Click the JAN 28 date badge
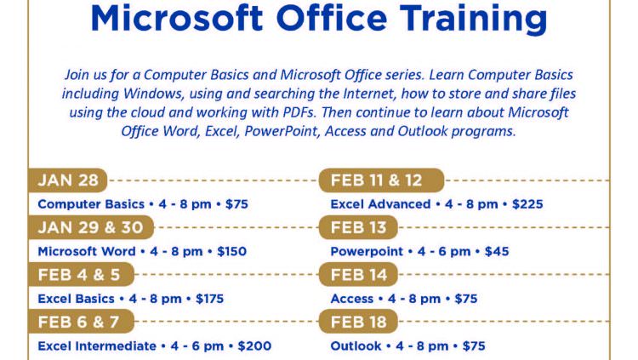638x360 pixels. coord(67,180)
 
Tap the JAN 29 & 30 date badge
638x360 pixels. coord(91,227)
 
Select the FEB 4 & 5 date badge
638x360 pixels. coord(81,275)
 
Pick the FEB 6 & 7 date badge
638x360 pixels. coord(81,322)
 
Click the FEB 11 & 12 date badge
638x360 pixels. coord(381,180)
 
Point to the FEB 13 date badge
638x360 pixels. coord(358,227)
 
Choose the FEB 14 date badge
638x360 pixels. coord(358,275)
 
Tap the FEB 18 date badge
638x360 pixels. coord(358,322)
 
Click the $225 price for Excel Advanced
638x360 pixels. coord(527,204)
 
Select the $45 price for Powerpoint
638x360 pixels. coord(497,251)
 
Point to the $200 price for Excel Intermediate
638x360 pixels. coord(254,346)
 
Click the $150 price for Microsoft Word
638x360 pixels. coord(231,251)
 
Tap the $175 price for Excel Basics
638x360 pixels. coord(209,299)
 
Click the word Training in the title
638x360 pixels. coord(473,19)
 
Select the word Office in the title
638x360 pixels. coord(331,18)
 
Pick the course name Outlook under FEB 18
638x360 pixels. coord(356,346)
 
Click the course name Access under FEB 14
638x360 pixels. coord(351,299)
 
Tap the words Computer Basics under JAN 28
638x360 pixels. coord(91,204)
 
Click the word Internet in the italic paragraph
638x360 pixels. coord(369,94)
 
